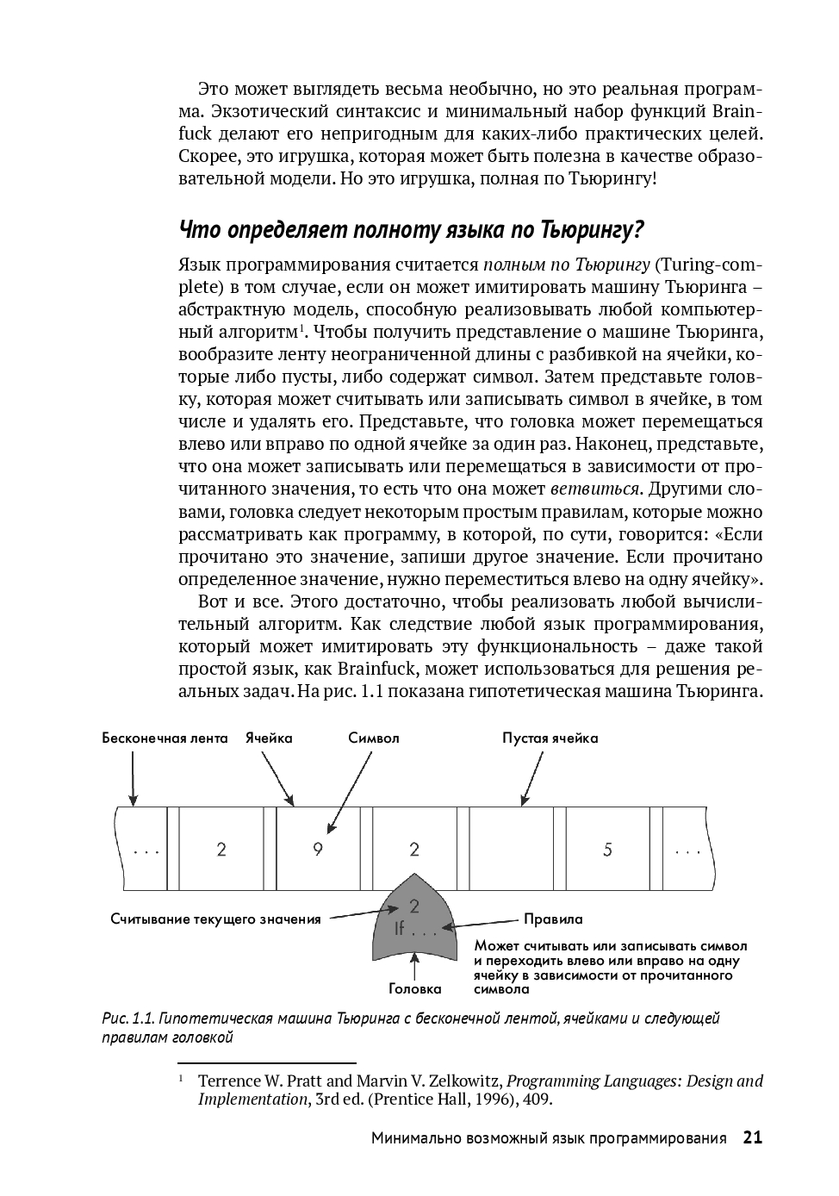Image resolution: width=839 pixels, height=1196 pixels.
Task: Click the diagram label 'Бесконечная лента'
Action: pos(165,738)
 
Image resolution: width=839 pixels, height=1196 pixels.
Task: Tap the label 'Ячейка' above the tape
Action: pos(269,738)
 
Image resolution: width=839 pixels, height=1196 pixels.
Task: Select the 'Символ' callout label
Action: pos(374,738)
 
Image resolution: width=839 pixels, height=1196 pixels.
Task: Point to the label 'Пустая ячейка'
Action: pos(550,738)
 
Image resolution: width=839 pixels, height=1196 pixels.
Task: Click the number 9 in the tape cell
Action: pos(318,850)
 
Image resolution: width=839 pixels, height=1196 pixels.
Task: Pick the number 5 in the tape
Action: pos(607,850)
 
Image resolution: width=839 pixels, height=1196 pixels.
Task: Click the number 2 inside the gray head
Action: pos(414,906)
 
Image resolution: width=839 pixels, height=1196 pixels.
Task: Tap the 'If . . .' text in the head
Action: pos(415,931)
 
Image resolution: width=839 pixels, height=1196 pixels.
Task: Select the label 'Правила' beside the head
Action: pos(553,919)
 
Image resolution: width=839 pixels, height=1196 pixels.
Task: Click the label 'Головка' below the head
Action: pos(415,989)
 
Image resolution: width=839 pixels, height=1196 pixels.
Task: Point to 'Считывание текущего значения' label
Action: pos(215,919)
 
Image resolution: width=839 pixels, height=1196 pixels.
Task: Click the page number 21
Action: pos(752,1138)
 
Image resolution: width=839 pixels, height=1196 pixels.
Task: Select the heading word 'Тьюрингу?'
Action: pos(593,231)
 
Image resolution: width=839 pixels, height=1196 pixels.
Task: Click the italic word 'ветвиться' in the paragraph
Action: pos(595,489)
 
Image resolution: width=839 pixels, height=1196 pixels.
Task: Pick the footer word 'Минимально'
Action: pos(415,1139)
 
